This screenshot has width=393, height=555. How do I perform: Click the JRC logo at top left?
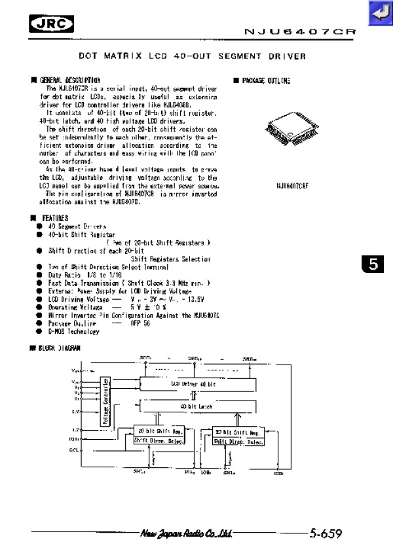(52, 24)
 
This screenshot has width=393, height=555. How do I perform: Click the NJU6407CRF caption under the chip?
(292, 186)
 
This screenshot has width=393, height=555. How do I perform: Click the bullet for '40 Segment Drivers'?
(40, 226)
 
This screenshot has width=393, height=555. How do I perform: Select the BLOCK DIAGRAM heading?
(58, 348)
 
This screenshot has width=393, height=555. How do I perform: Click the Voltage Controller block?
(105, 403)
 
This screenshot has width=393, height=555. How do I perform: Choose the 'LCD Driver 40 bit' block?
(193, 384)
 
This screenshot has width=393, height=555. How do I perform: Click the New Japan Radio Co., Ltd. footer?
(187, 533)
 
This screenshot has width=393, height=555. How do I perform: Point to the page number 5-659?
(326, 533)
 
